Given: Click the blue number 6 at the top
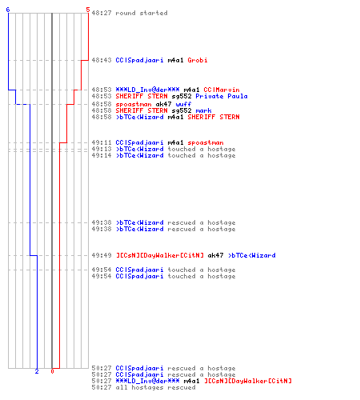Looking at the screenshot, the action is tap(8, 10).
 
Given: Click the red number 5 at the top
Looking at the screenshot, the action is tap(88, 10).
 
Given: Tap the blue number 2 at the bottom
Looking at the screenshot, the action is tap(37, 371).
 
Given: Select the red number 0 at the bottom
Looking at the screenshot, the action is tap(52, 371).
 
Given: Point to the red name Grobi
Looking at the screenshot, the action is tap(198, 60).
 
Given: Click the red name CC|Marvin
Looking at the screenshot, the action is tap(222, 90).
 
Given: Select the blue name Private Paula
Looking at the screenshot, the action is tap(222, 96).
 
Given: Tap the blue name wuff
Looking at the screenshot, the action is tap(183, 104).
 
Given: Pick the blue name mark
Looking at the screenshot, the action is tap(203, 110).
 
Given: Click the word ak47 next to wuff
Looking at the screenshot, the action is tap(163, 104).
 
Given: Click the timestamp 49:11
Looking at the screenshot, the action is tap(102, 142).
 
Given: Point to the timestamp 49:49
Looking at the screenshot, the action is tap(102, 255).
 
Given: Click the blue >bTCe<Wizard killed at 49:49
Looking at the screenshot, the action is tap(252, 255).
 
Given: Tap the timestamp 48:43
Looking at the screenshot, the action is tap(102, 60).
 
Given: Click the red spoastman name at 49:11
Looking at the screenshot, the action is tap(206, 142).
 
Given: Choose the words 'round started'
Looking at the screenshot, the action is tap(142, 13).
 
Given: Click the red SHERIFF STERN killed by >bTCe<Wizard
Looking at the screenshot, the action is tap(214, 117).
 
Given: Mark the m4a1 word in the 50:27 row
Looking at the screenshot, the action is tap(191, 381).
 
